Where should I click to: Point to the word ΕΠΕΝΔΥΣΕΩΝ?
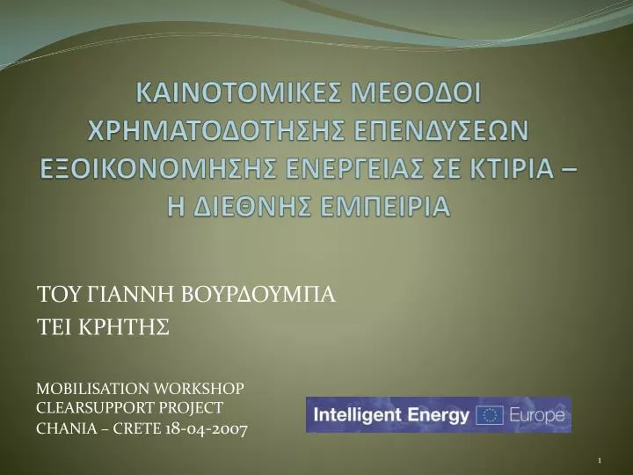click(443, 130)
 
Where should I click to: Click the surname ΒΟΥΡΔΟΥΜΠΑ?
click(258, 294)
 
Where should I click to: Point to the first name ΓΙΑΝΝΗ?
click(131, 294)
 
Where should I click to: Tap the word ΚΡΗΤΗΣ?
click(124, 326)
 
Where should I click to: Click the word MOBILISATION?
click(92, 389)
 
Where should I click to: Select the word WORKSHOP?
click(199, 389)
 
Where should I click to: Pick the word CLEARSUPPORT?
click(95, 408)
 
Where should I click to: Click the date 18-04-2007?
click(207, 428)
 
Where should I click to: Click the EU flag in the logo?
click(490, 415)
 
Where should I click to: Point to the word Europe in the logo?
click(537, 415)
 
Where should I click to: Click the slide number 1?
click(600, 460)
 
